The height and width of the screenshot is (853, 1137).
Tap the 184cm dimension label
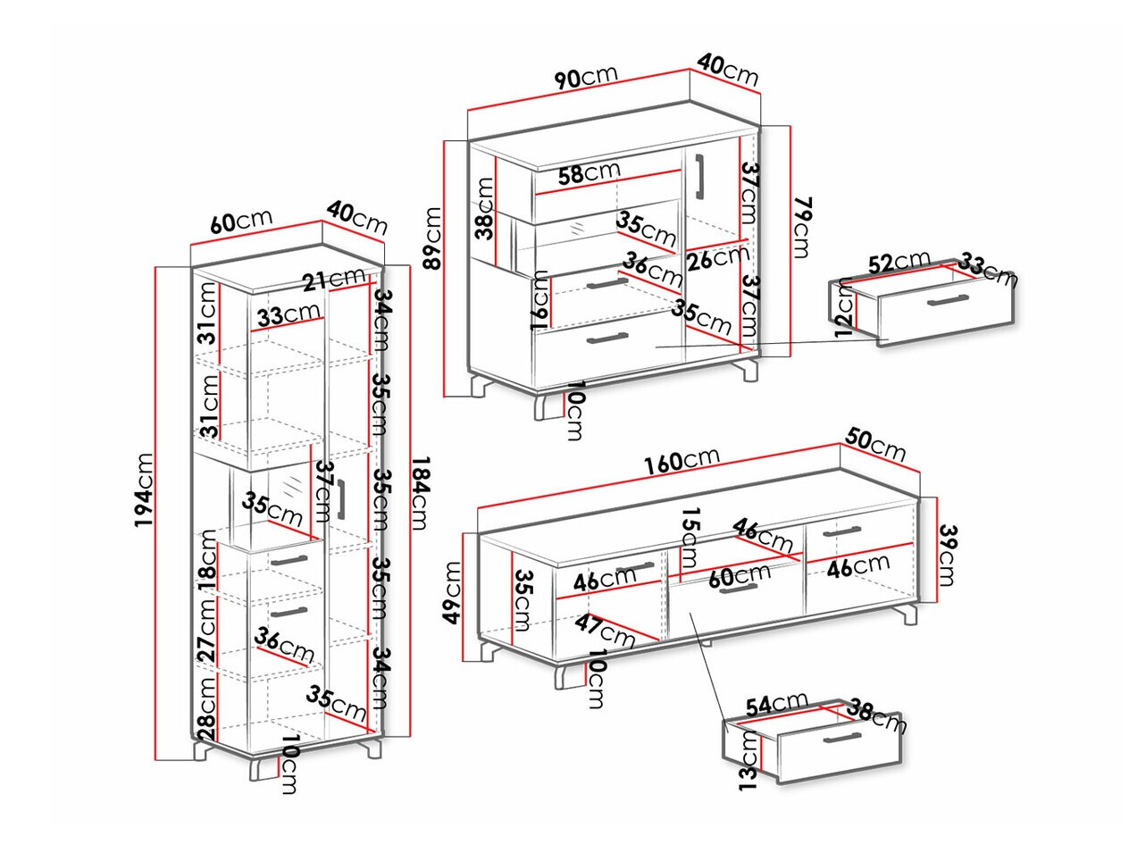click(420, 493)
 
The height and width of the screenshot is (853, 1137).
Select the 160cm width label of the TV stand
click(681, 461)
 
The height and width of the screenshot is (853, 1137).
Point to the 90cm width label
click(585, 77)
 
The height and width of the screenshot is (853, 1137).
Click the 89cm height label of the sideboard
click(433, 238)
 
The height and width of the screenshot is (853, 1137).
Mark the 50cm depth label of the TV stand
click(875, 444)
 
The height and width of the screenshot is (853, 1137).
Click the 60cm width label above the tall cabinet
click(241, 222)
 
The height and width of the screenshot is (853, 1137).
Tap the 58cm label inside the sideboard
click(589, 172)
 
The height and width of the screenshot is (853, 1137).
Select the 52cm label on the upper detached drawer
click(899, 263)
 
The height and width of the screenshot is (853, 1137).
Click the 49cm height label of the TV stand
click(453, 592)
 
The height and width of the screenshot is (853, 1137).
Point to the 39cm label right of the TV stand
click(946, 556)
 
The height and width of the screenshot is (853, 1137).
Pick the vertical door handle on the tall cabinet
click(342, 500)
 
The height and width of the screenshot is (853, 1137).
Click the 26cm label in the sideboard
click(718, 258)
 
